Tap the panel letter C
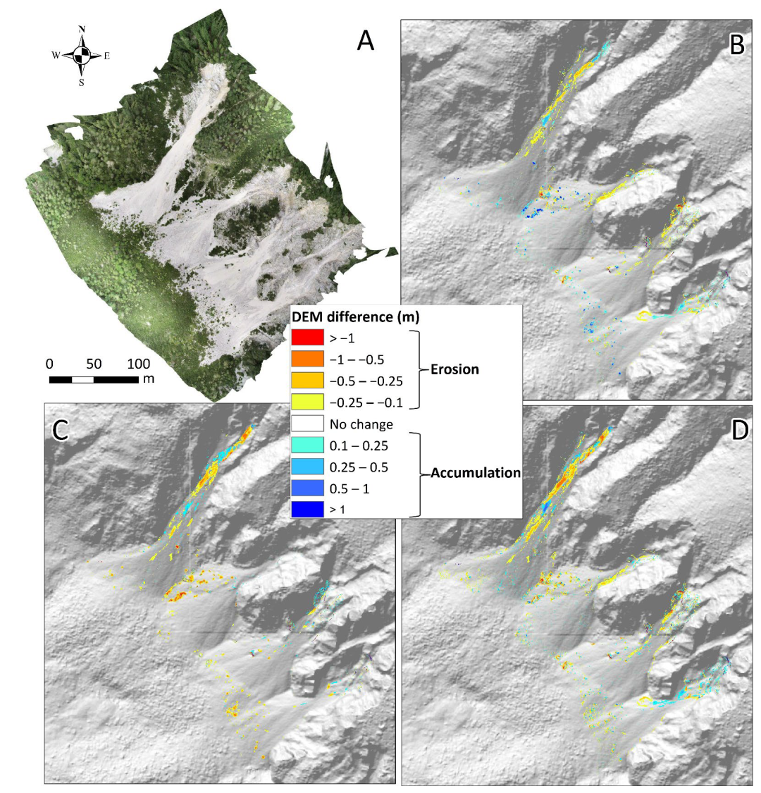tap(61, 429)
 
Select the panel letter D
tap(739, 429)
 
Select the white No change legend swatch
tap(307, 424)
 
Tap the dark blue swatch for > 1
tap(307, 509)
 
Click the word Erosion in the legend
tap(454, 369)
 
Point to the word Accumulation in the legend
tap(476, 473)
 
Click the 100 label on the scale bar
tap(139, 364)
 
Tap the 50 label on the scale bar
tap(94, 364)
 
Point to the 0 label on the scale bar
tap(49, 364)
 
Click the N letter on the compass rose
tap(82, 29)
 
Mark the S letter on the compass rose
tap(82, 82)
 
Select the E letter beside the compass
tap(106, 56)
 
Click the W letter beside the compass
tap(56, 55)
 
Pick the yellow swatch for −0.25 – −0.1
tap(307, 402)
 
